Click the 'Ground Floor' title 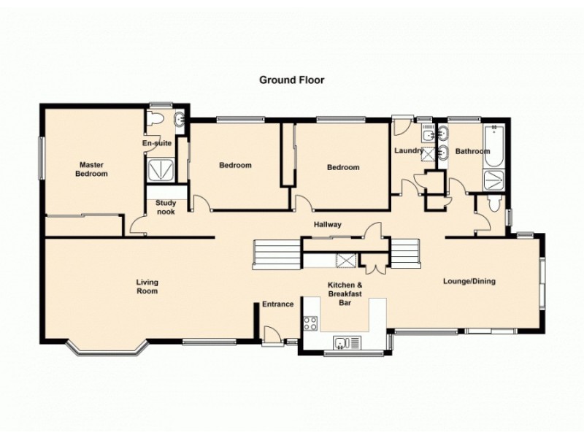pos(291,80)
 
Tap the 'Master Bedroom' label pos(93,169)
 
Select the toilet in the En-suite pos(155,120)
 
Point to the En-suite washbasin pos(179,120)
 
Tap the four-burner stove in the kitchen pos(310,321)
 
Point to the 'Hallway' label pos(327,225)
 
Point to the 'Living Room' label pos(147,287)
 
